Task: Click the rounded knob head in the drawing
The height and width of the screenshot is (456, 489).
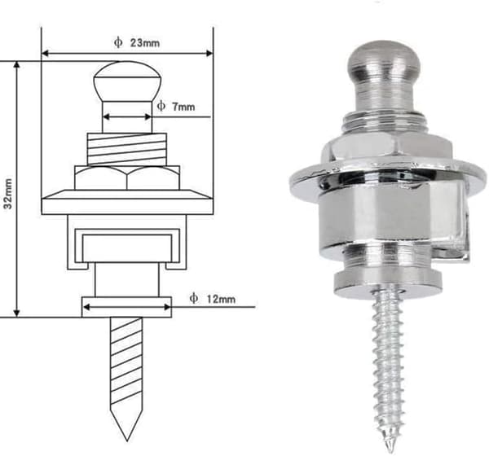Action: click(127, 81)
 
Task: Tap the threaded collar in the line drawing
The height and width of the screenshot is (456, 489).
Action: click(127, 149)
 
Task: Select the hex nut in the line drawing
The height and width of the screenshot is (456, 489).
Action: click(127, 178)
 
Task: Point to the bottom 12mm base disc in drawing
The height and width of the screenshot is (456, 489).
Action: click(126, 307)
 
